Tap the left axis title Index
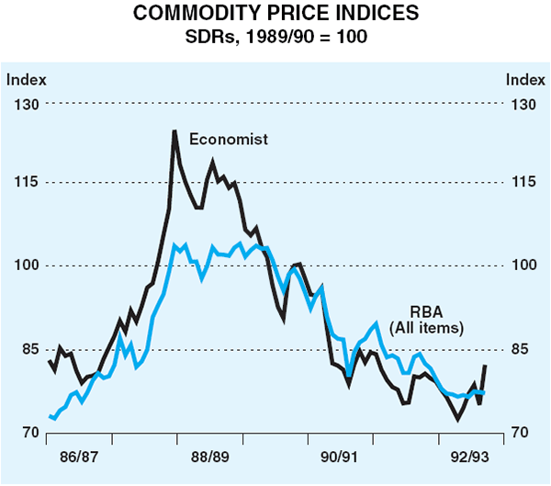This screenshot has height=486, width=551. click(27, 80)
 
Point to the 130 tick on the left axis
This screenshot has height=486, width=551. click(26, 104)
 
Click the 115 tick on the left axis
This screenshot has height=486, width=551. click(26, 183)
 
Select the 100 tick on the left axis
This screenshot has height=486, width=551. click(26, 266)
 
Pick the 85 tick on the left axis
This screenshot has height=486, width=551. click(26, 349)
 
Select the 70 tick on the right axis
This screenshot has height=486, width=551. click(521, 433)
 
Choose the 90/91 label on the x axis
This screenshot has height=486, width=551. click(341, 457)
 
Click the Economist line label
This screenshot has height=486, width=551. click(229, 140)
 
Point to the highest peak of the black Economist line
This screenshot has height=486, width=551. click(174, 131)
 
